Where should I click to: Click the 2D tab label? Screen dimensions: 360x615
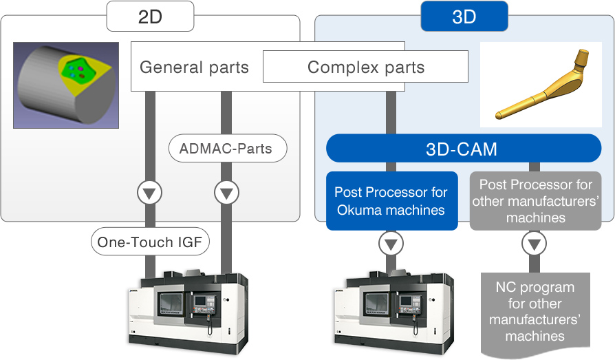click(149, 17)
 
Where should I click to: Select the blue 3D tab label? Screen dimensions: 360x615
click(464, 17)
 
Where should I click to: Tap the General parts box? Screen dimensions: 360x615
click(194, 67)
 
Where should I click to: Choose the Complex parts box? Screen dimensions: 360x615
click(365, 67)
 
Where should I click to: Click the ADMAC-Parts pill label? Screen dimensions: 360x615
click(226, 148)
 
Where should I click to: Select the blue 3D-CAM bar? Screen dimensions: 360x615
click(463, 148)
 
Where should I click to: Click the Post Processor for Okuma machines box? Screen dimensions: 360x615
click(391, 200)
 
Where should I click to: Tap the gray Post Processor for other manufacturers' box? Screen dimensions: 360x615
click(535, 200)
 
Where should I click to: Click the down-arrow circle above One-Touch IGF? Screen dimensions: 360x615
click(149, 193)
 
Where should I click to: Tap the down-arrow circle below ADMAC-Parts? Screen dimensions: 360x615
click(226, 193)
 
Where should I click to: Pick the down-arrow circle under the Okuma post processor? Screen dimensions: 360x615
click(391, 243)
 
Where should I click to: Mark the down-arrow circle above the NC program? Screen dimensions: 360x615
click(535, 243)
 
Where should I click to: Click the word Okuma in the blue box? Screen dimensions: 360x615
click(357, 209)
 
